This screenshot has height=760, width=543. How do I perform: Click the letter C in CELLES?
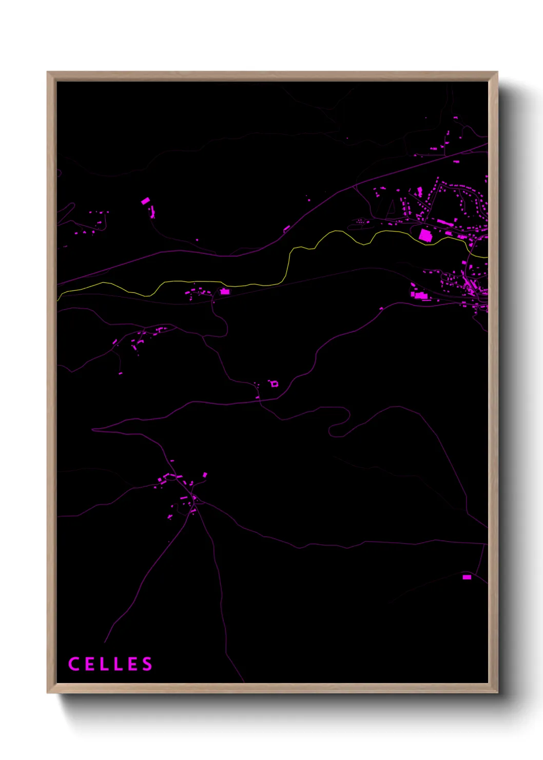pyautogui.click(x=73, y=664)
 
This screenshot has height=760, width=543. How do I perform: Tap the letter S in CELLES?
pyautogui.click(x=147, y=664)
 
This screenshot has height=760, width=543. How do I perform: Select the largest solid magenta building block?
pyautogui.click(x=425, y=235)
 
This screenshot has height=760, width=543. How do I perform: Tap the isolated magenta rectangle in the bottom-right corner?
pyautogui.click(x=467, y=577)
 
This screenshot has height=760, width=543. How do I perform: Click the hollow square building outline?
pyautogui.click(x=275, y=384)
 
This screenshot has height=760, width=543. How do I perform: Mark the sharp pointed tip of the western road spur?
pyautogui.click(x=93, y=429)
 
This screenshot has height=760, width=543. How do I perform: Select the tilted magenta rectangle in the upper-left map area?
pyautogui.click(x=146, y=201)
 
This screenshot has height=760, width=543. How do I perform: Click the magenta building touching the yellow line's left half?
pyautogui.click(x=224, y=292)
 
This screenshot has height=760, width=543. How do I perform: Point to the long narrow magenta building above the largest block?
pyautogui.click(x=442, y=222)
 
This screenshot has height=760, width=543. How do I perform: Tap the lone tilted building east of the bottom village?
pyautogui.click(x=205, y=475)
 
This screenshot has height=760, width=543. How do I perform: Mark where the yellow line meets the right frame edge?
pyautogui.click(x=487, y=256)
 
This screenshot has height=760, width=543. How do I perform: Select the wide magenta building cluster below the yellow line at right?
pyautogui.click(x=420, y=295)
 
